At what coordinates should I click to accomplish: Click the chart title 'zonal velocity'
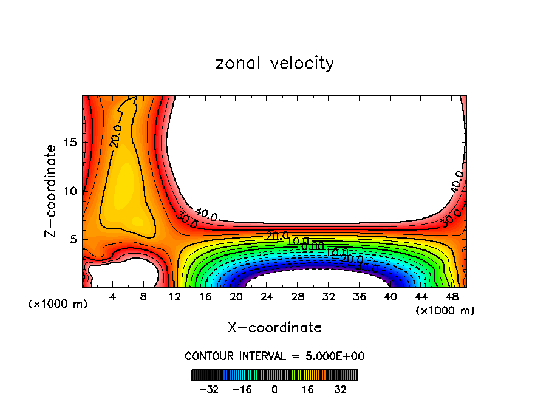[x=274, y=63]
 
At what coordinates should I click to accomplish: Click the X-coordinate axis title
[x=274, y=328]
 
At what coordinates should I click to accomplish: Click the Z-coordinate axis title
[x=52, y=191]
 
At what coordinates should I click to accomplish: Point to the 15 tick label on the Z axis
[x=70, y=143]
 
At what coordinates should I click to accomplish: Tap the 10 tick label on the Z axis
[x=70, y=191]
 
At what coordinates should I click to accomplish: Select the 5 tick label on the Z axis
[x=73, y=239]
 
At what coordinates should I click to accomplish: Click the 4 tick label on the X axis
[x=113, y=297]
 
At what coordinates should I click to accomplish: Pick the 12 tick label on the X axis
[x=175, y=297]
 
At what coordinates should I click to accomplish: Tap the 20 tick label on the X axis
[x=236, y=297]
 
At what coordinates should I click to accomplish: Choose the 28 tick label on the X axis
[x=298, y=297]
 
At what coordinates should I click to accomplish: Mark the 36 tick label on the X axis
[x=359, y=297]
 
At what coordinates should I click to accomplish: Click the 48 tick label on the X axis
[x=451, y=297]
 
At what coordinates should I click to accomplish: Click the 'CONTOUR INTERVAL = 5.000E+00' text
[x=274, y=356]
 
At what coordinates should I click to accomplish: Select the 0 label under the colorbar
[x=274, y=389]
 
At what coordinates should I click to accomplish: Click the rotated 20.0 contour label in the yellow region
[x=116, y=136]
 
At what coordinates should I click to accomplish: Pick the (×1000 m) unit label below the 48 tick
[x=445, y=311]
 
